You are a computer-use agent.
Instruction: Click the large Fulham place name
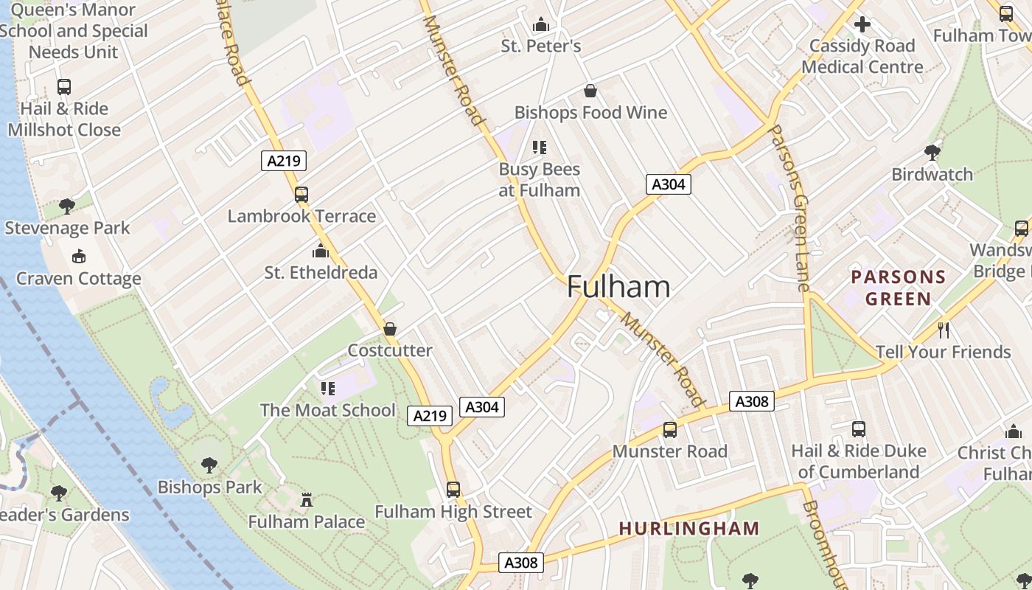click(618, 287)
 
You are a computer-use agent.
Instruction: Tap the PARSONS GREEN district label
click(898, 288)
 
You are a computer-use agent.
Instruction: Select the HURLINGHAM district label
click(689, 528)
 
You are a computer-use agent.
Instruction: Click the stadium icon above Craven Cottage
click(79, 257)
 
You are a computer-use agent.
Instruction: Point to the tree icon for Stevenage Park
click(67, 206)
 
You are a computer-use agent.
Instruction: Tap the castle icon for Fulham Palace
click(307, 500)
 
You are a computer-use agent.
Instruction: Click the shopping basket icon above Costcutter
click(390, 329)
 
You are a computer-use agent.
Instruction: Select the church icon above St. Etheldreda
click(320, 251)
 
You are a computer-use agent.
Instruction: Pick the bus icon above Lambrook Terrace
click(301, 195)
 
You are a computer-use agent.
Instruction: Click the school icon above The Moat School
click(328, 388)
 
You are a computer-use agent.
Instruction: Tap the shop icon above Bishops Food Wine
click(590, 91)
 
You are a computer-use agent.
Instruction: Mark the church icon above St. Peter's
click(541, 24)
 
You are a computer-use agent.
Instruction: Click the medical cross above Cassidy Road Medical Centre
click(862, 24)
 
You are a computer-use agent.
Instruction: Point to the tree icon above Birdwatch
click(932, 153)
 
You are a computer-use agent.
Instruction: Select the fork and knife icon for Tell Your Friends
click(943, 330)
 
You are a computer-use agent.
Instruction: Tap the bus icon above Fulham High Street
click(453, 490)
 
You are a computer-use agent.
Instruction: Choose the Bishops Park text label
click(209, 487)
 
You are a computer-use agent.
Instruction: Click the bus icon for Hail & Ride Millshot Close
click(64, 87)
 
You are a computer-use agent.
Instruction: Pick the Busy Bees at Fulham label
click(540, 179)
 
